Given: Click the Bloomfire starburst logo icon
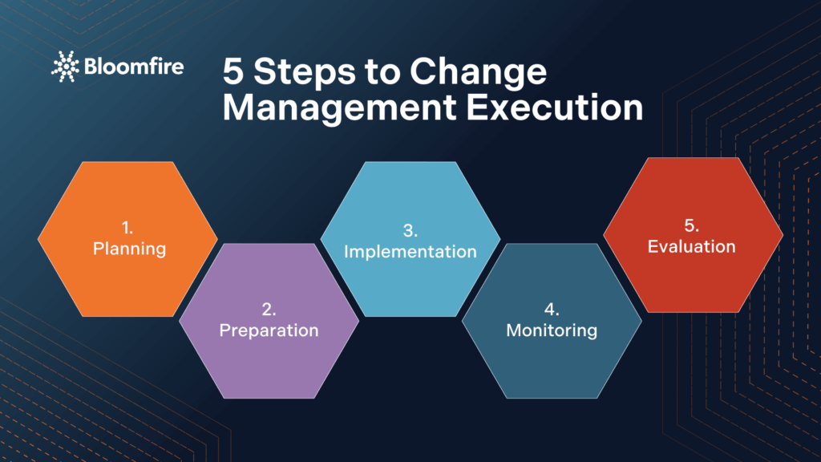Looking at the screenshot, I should [65, 67].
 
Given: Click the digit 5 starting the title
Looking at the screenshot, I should [233, 73].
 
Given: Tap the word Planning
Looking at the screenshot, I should [129, 249].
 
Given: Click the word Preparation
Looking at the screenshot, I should [269, 330].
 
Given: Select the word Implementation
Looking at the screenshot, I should [410, 251].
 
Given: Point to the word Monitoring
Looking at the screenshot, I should [552, 330].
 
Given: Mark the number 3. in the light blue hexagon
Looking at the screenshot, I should [410, 231].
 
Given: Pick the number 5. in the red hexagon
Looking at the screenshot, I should [692, 225].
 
